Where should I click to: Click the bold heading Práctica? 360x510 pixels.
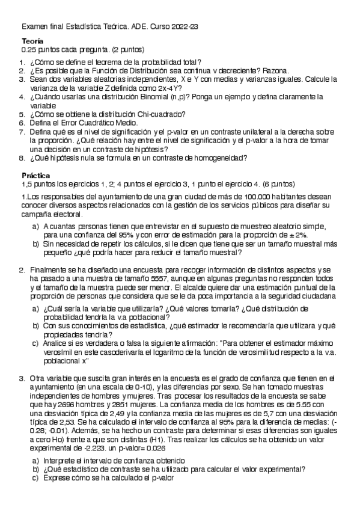(x=35, y=175)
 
